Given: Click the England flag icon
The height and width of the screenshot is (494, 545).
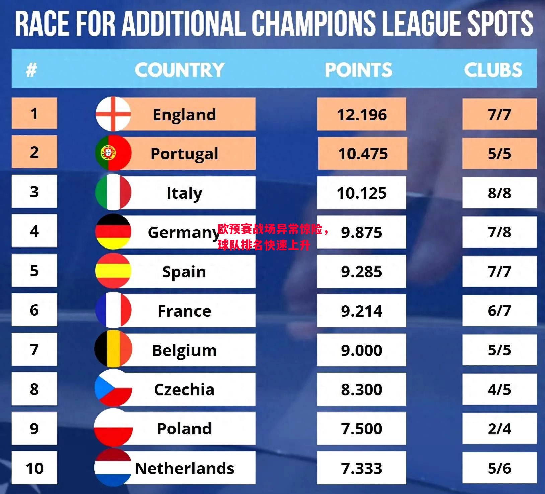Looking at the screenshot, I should point(113,114).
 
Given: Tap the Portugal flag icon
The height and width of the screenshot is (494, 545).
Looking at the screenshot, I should point(113,153).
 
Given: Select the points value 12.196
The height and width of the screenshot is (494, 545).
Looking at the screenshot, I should point(362,115).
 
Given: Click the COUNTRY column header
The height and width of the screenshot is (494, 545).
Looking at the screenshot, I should point(179,70).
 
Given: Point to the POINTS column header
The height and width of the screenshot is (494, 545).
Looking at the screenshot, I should point(359,70).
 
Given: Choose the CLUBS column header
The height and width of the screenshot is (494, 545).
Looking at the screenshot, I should point(493,70).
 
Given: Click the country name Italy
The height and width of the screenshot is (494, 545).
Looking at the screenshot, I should point(184,193).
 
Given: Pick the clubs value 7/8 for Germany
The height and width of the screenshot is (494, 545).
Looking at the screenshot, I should point(499,232).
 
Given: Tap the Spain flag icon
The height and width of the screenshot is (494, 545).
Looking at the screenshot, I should point(113,271).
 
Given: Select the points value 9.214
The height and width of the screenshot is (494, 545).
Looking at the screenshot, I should point(362,311).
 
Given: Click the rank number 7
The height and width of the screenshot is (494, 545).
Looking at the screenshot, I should point(34,350).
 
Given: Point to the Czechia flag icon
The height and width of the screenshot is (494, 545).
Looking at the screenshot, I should point(113,389).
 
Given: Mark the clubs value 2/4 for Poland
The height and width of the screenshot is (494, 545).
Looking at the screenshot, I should point(499,429).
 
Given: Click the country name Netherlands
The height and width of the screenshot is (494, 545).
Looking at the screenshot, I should point(184,468).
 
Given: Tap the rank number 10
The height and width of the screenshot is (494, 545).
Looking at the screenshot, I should point(34,468).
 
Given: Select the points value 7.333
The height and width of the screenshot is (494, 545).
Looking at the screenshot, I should point(362,468).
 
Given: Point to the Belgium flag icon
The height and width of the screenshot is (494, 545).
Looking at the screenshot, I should point(113,349).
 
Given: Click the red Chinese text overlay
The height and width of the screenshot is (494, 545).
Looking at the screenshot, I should point(273,237).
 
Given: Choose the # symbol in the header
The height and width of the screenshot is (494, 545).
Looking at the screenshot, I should point(31,70).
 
